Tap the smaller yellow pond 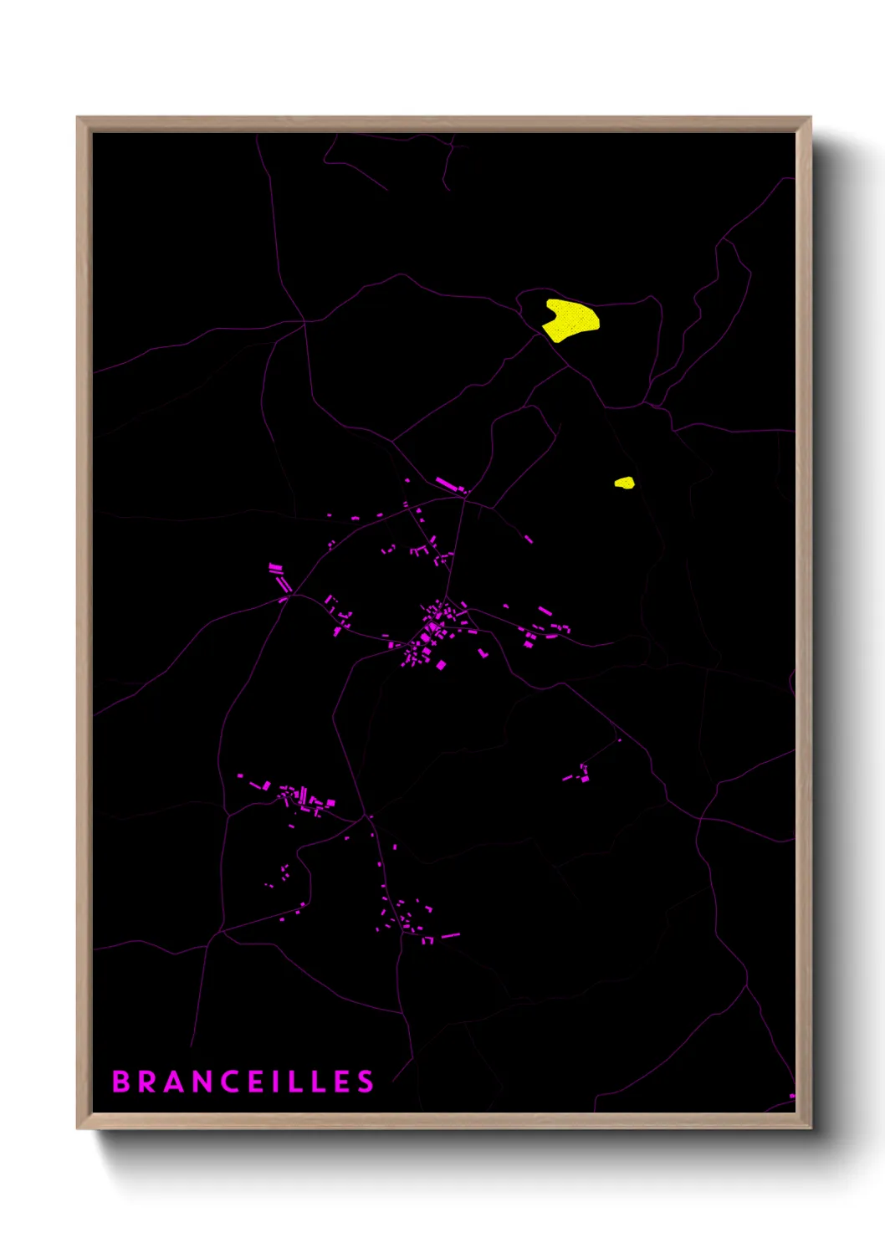click(625, 483)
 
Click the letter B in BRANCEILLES click(121, 1082)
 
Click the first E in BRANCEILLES click(258, 1082)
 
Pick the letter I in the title click(277, 1082)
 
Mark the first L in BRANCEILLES click(296, 1082)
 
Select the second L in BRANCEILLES click(320, 1082)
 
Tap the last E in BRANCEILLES click(343, 1082)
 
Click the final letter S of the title click(366, 1082)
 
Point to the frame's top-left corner click(78, 118)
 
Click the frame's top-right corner click(810, 118)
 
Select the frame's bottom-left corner click(78, 1128)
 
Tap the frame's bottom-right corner click(810, 1128)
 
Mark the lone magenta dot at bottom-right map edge click(791, 1096)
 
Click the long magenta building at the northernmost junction click(448, 484)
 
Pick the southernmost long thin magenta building click(450, 935)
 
